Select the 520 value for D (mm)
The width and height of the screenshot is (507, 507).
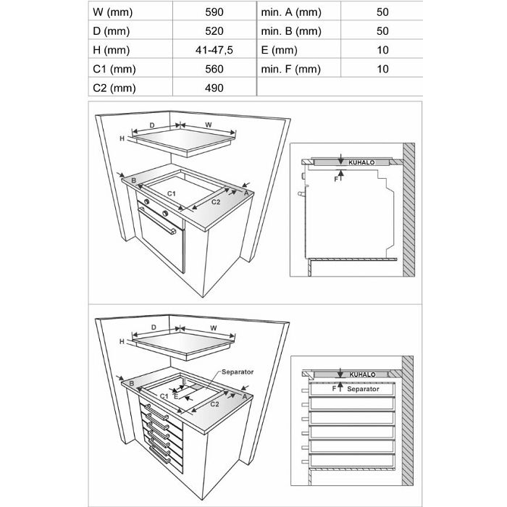coord(214,32)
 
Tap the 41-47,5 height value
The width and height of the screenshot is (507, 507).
coord(214,51)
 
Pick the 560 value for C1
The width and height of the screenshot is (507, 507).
coord(214,70)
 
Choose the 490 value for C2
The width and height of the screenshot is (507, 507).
coord(214,88)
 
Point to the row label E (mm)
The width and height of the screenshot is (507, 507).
coord(280,51)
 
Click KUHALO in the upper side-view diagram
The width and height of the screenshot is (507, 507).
coord(361,163)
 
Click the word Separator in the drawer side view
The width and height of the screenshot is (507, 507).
coord(363,389)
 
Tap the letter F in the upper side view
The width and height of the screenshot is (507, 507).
coord(335,178)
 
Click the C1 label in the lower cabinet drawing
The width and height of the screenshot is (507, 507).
coord(164,397)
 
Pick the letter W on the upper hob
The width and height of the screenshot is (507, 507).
coord(208,125)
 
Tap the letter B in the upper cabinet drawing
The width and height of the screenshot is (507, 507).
coord(134,180)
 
